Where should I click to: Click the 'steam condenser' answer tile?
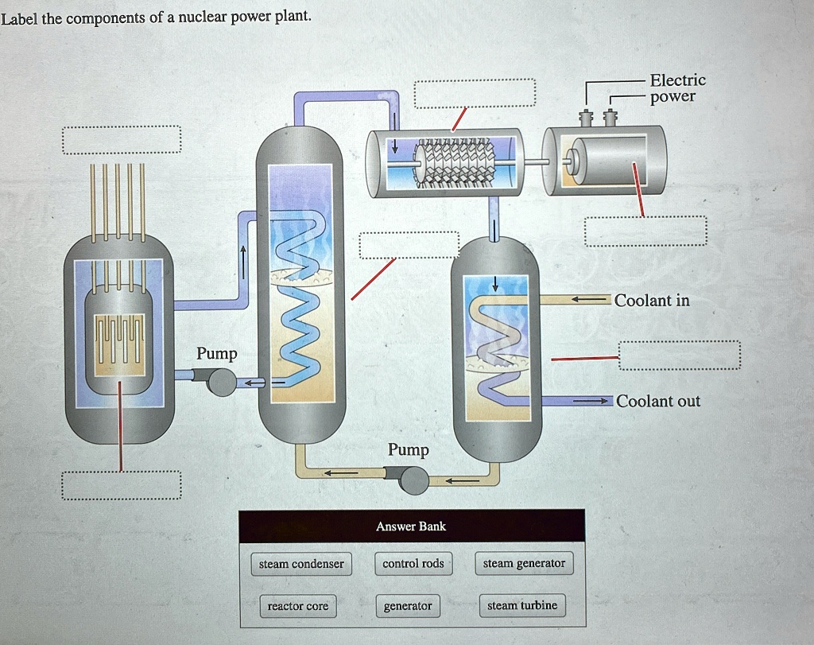(301, 564)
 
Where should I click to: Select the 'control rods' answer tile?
(413, 563)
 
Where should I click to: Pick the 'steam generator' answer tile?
(524, 563)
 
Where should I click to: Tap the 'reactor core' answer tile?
(297, 606)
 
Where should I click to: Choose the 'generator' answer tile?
(408, 606)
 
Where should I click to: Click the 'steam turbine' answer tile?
(522, 605)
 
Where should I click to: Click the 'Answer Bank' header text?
(411, 526)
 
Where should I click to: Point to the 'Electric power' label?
(676, 88)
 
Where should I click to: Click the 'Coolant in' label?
(652, 301)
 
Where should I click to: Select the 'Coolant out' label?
(658, 401)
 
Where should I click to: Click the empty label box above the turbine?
(475, 94)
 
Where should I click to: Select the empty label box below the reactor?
(122, 485)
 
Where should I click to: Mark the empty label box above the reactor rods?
(122, 140)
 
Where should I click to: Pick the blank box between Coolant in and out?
(679, 356)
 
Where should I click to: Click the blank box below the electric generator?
(645, 231)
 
